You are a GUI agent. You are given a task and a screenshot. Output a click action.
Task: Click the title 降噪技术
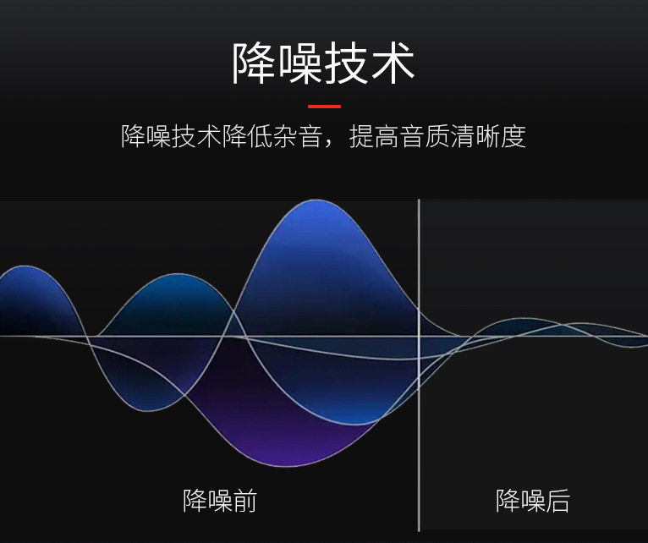[323, 63]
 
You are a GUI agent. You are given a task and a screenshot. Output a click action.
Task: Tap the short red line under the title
[324, 107]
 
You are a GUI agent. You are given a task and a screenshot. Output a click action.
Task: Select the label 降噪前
[220, 501]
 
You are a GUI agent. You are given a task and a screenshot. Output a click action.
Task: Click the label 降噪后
[533, 501]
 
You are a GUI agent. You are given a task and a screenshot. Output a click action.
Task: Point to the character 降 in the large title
[254, 63]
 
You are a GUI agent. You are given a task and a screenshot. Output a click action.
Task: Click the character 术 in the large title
[393, 63]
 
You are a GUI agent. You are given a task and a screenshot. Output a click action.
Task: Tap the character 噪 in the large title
[300, 63]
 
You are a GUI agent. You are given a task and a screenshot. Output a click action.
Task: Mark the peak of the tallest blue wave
[316, 200]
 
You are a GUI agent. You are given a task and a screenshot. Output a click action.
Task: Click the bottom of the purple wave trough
[289, 466]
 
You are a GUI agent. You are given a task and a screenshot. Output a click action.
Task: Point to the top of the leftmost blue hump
[23, 266]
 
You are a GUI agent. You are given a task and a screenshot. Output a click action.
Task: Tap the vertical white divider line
[419, 365]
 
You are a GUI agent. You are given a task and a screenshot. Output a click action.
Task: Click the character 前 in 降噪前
[244, 501]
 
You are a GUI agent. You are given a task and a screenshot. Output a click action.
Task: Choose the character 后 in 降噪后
[557, 501]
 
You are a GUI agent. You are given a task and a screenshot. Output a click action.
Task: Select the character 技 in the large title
[346, 63]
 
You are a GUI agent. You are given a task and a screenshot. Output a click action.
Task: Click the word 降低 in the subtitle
[248, 136]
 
